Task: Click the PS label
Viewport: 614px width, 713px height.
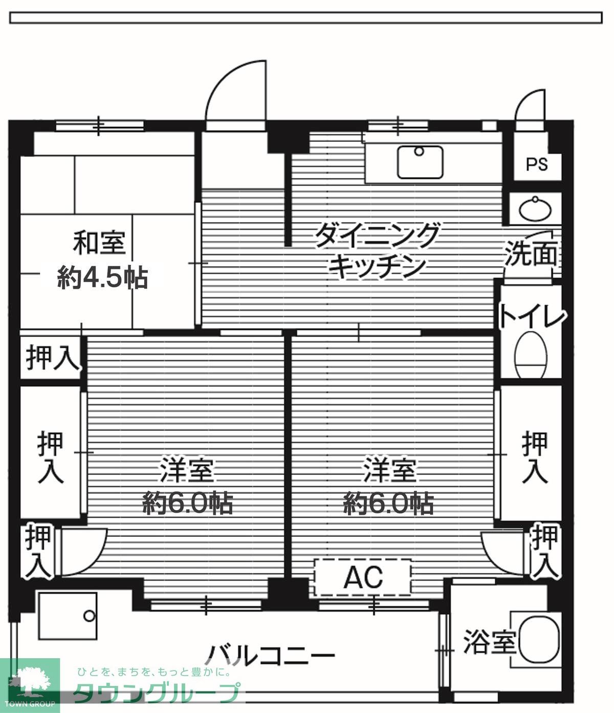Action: click(x=536, y=164)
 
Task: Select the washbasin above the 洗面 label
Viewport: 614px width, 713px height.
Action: click(x=535, y=209)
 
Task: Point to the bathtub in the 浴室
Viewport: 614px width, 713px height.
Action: click(x=539, y=640)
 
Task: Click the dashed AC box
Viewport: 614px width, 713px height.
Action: click(x=363, y=577)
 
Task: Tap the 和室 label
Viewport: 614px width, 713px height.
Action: click(x=99, y=243)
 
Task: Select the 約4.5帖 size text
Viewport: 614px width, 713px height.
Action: click(x=102, y=278)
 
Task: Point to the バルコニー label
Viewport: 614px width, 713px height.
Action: click(x=271, y=654)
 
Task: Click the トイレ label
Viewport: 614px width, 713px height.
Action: click(x=532, y=316)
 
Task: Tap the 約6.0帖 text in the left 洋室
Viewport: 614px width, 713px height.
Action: click(x=187, y=504)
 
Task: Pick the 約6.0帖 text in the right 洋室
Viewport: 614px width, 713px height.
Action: click(x=388, y=504)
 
